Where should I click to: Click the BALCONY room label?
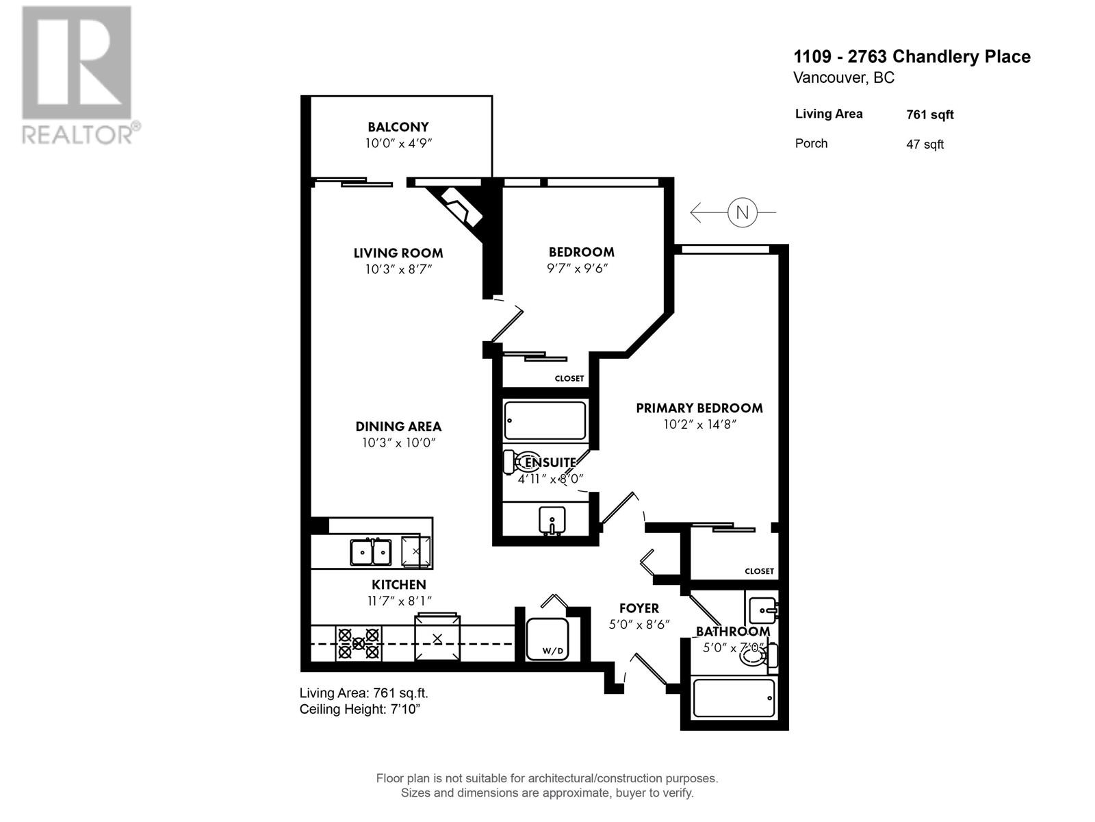398,127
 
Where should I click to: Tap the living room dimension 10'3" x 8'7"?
398,269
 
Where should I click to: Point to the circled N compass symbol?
742,212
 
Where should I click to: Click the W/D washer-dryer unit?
547,639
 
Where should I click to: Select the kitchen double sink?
371,552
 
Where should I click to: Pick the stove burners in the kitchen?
358,643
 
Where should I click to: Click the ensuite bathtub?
545,420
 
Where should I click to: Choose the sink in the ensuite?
552,521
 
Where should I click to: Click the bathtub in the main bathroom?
734,698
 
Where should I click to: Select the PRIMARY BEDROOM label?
699,408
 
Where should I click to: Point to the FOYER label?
639,608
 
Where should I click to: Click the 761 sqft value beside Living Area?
929,115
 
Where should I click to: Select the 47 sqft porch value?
925,145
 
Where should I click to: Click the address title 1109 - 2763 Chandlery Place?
912,57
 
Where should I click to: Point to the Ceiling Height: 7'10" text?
360,709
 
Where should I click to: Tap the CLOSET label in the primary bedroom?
759,571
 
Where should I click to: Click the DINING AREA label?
398,427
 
